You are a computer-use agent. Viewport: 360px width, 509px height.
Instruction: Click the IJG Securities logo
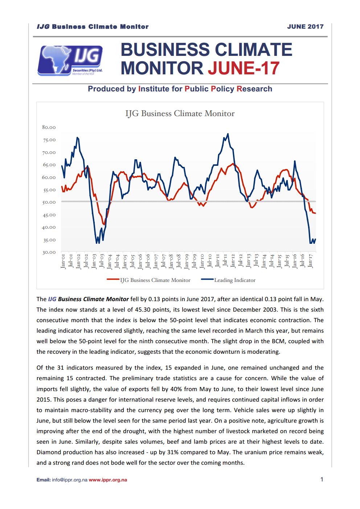coord(70,60)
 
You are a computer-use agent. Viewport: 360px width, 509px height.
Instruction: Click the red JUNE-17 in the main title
coord(244,68)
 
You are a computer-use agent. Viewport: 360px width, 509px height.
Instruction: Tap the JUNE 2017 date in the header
coord(305,26)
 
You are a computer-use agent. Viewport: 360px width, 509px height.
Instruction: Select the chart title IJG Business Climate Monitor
coord(180,114)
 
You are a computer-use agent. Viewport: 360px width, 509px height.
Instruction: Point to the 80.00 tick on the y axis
coord(49,127)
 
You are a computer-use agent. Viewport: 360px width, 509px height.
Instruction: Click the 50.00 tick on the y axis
coord(49,202)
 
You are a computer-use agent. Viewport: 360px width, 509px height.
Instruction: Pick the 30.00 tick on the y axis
coord(49,253)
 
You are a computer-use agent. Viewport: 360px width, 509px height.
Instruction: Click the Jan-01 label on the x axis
coord(63,260)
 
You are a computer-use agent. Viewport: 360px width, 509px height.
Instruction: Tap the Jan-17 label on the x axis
coord(310,260)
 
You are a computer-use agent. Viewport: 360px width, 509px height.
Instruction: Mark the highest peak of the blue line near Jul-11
coord(228,134)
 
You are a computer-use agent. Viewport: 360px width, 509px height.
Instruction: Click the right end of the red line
coord(315,213)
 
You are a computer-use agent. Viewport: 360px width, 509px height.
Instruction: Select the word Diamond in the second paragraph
coord(48,452)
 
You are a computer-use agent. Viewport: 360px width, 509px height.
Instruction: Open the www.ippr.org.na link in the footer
coord(108,480)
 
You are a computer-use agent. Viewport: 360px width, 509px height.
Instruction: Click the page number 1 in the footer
coord(322,479)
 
